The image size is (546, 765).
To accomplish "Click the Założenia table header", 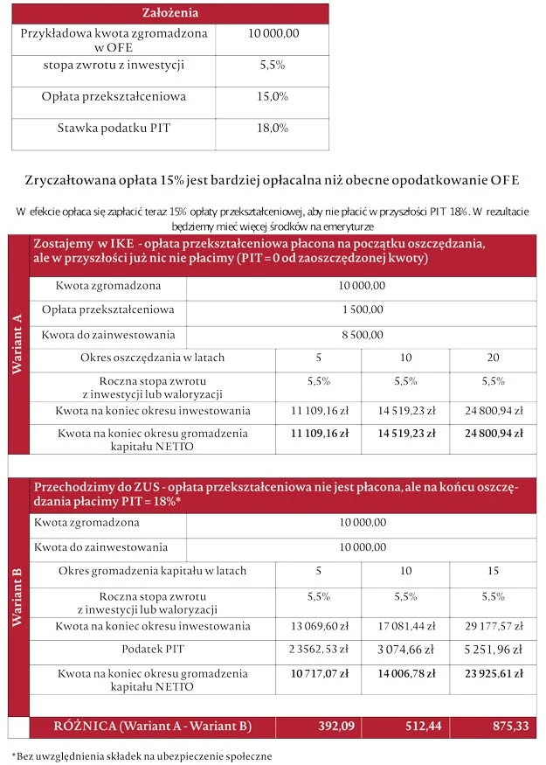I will (170, 13).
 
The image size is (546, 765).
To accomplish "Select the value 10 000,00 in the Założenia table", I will (273, 33).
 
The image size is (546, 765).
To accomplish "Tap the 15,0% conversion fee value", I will (273, 96).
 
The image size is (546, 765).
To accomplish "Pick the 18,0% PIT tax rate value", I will (273, 128).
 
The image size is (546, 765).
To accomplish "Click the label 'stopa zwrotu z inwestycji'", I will (114, 66).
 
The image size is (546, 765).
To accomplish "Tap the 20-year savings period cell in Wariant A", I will (493, 358).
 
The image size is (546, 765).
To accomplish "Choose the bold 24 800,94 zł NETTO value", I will (493, 433).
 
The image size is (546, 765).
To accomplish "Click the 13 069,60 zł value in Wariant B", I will (318, 626).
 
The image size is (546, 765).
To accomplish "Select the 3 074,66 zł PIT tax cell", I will (405, 650).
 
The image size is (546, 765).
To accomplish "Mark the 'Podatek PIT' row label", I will (152, 650).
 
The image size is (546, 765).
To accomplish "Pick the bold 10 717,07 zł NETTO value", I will (318, 674).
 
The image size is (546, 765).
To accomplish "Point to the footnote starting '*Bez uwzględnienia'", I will (142, 755).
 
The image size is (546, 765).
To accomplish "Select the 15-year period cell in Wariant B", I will (493, 571).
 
